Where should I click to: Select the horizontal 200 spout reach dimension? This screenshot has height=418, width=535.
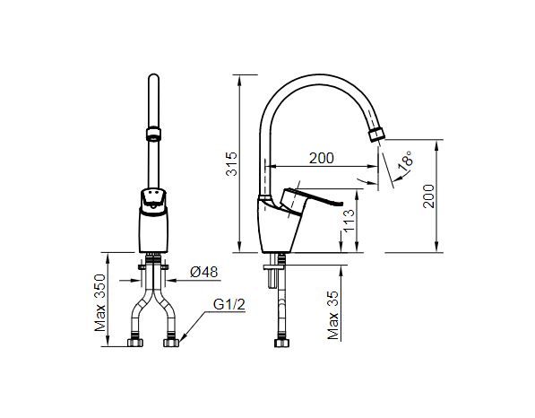click(320, 158)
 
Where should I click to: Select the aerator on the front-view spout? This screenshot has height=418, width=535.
click(152, 136)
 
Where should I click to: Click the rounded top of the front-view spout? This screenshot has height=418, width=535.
click(152, 80)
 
